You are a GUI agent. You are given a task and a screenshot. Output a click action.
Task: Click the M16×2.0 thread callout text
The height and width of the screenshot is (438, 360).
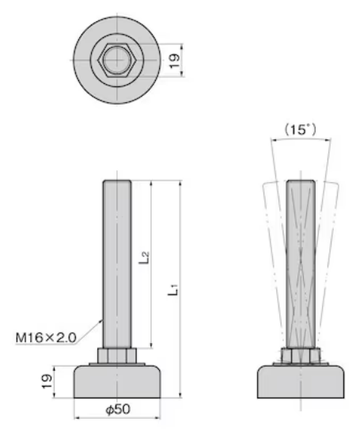coord(46,337)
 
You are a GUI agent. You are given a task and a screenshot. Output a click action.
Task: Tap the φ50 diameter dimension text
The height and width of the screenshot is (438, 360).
coord(118,409)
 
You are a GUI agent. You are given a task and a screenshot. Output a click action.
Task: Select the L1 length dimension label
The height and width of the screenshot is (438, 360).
coord(173,290)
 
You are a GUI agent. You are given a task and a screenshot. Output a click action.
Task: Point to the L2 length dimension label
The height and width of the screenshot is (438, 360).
coord(144,258)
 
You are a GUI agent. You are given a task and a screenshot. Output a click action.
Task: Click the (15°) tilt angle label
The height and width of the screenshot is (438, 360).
coord(301,130)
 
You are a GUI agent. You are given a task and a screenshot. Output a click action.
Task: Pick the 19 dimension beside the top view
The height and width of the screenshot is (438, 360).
coord(174,61)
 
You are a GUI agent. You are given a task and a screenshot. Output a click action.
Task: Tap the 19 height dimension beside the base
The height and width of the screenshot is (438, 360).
coord(47,381)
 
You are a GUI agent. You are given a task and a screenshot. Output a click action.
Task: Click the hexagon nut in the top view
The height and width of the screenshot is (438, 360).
coord(117,60)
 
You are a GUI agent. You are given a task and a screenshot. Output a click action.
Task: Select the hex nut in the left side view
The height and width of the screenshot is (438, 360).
coord(117,356)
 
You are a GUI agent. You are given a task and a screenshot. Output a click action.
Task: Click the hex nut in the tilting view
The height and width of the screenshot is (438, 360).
coord(301,356)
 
